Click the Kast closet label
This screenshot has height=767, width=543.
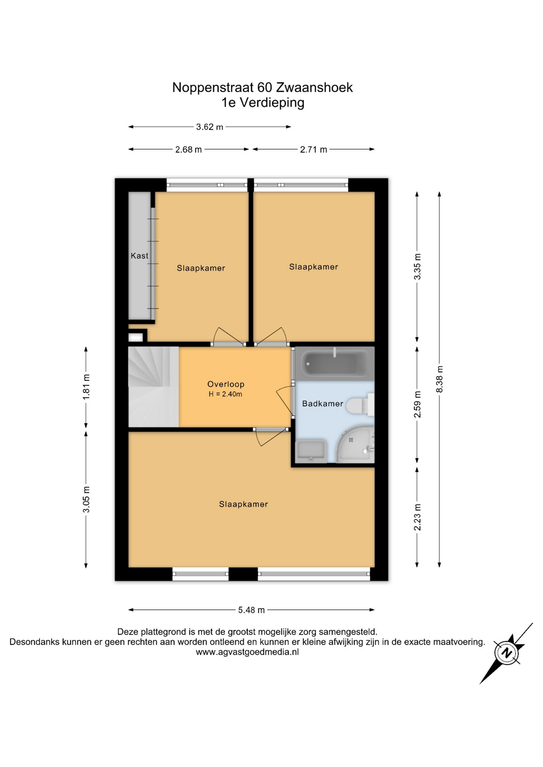tap(140, 256)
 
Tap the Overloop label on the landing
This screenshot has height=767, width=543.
tap(226, 384)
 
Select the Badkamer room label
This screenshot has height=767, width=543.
tap(322, 403)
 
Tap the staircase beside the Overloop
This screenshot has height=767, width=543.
tap(154, 387)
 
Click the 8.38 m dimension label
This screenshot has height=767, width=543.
tap(439, 379)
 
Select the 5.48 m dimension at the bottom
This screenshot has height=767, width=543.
tap(252, 610)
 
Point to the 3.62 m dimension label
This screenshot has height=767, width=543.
tap(210, 127)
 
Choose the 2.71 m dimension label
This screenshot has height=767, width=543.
tap(313, 149)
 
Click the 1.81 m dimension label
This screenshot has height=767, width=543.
tap(86, 387)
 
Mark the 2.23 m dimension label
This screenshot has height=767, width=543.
tap(417, 517)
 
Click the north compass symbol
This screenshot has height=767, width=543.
tap(507, 653)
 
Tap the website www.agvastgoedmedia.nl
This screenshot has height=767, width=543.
tap(247, 652)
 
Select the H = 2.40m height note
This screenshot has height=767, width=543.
tap(226, 394)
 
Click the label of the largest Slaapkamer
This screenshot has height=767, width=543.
tap(243, 504)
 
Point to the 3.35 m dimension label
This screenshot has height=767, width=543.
tap(417, 266)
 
